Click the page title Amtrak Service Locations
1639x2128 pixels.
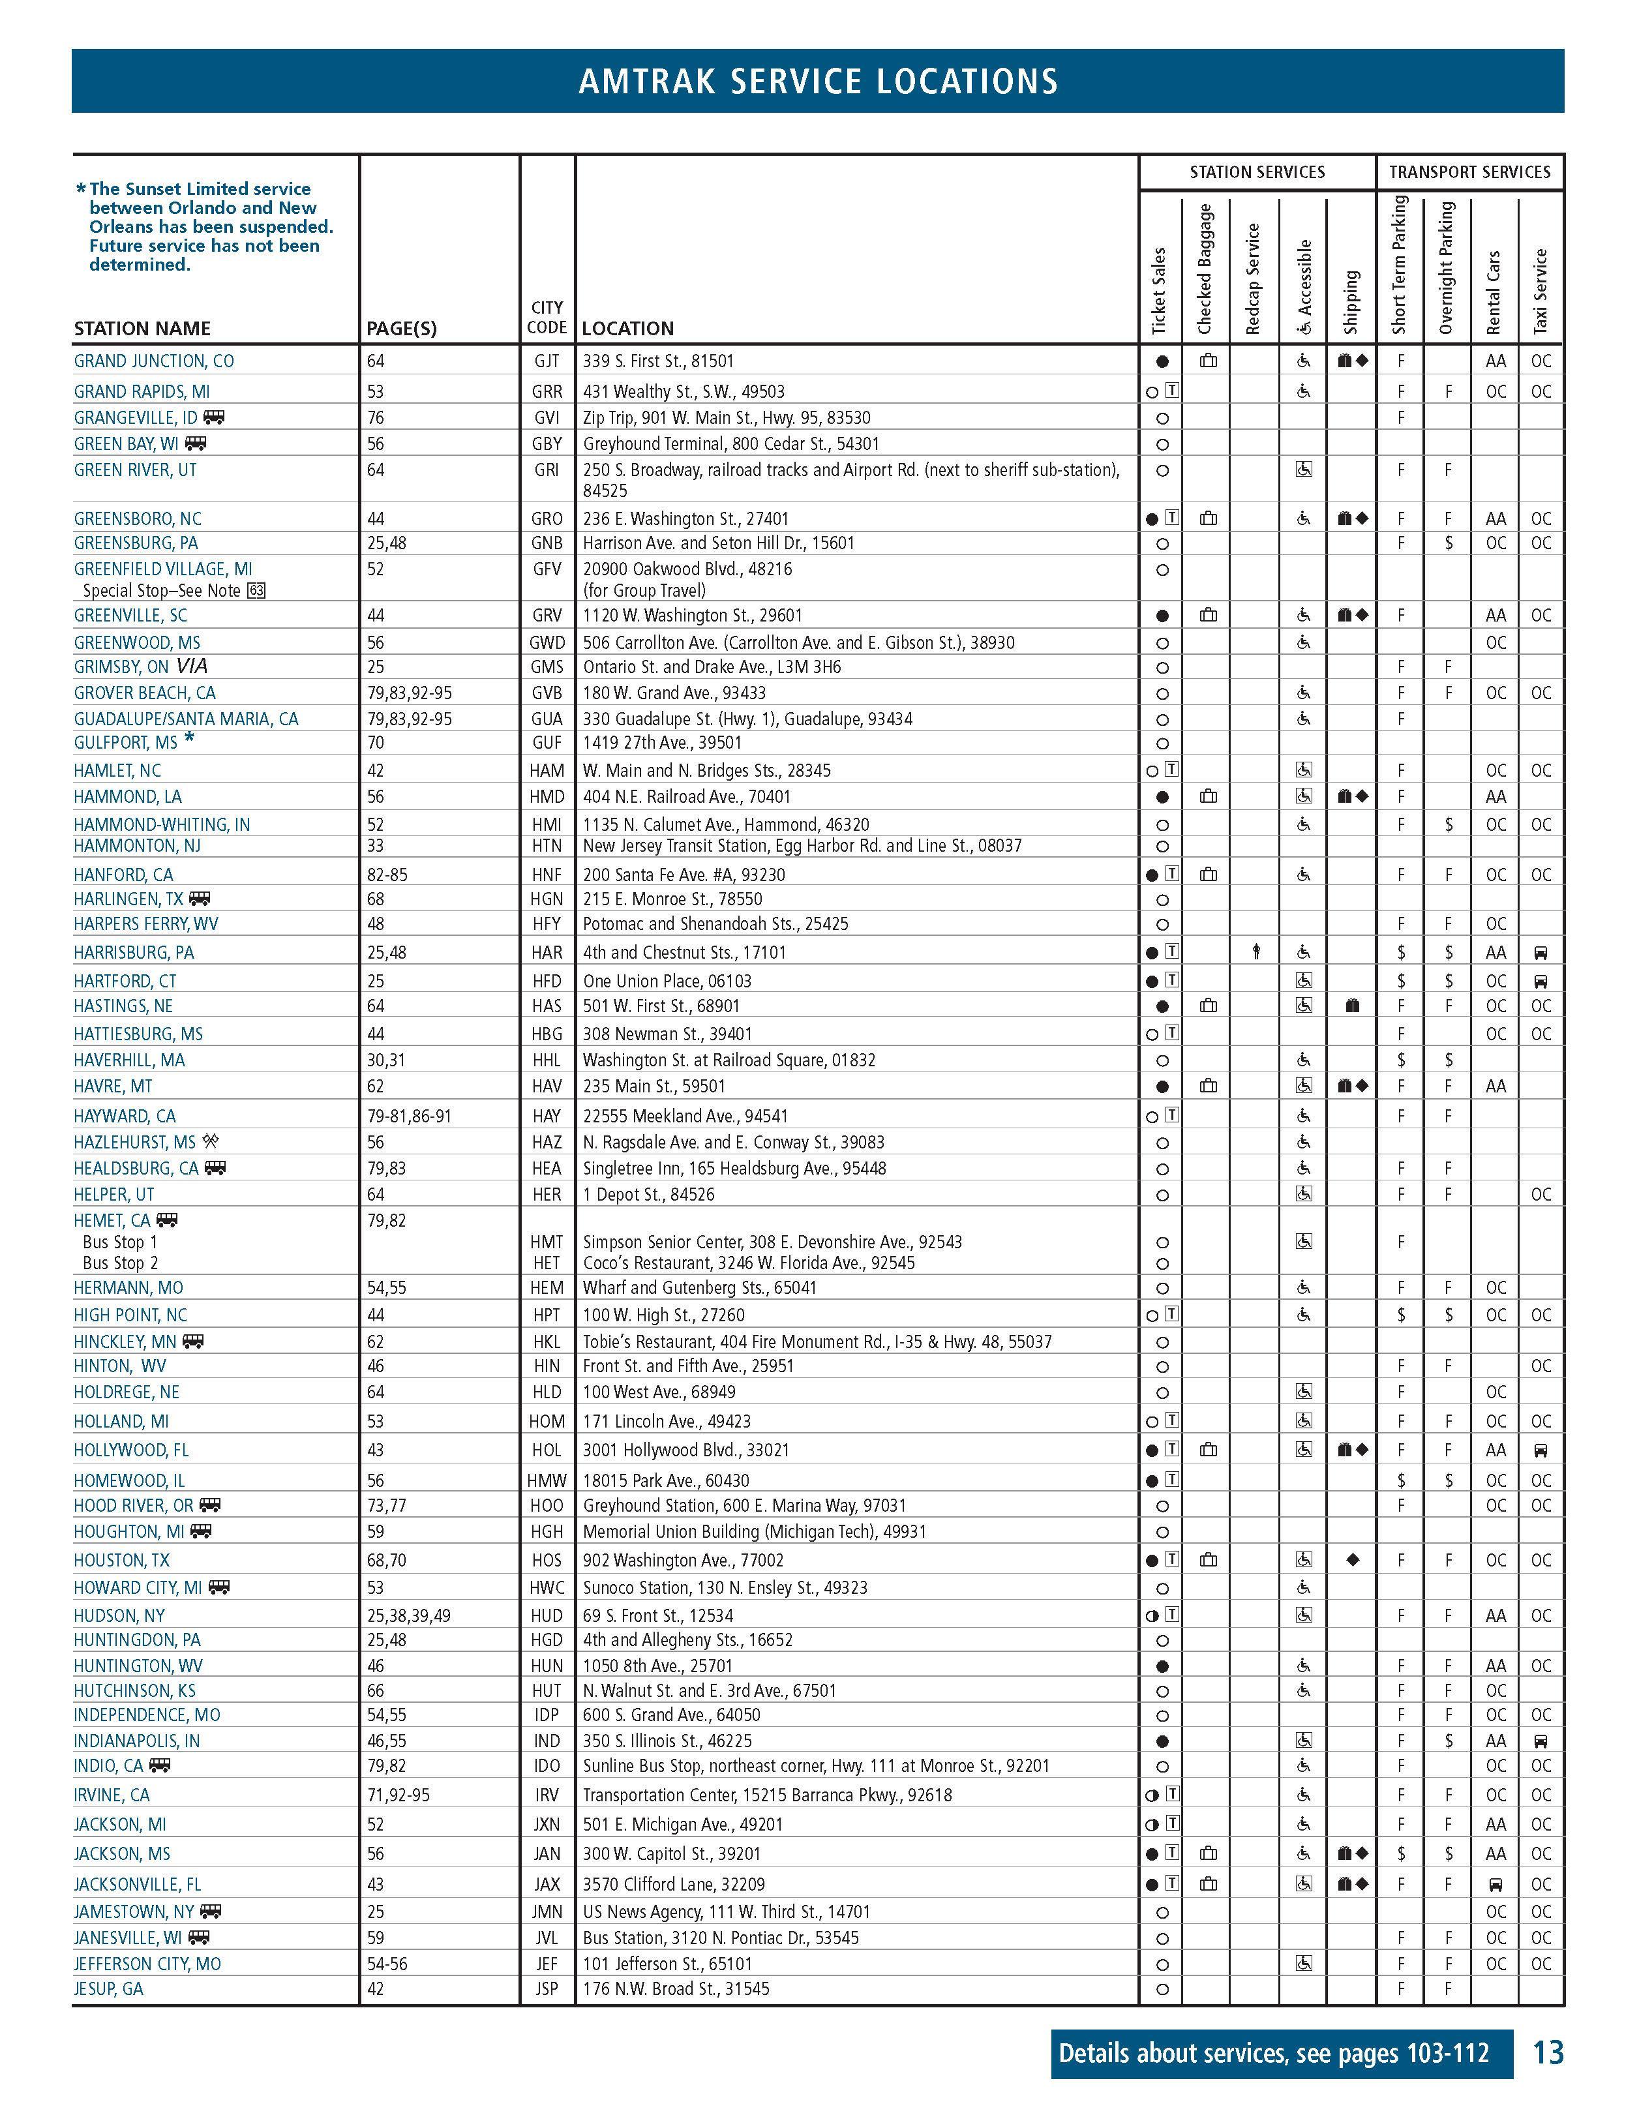click(818, 81)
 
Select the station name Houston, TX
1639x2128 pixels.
click(122, 1560)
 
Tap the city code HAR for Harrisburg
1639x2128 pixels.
click(547, 952)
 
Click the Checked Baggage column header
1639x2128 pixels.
click(1205, 269)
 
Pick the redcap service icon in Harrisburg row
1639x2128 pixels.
click(1256, 952)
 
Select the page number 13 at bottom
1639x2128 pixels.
click(1548, 2053)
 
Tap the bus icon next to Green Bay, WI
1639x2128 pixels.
click(196, 443)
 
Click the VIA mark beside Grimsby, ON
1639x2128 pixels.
click(192, 667)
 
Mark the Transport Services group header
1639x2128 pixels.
click(1469, 172)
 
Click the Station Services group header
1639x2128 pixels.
click(1257, 172)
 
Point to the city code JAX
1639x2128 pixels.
click(547, 1883)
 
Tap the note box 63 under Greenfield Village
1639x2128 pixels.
click(256, 590)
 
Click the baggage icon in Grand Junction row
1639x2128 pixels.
click(1209, 361)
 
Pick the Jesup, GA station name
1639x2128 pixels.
click(108, 1988)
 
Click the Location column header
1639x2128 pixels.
click(627, 328)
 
